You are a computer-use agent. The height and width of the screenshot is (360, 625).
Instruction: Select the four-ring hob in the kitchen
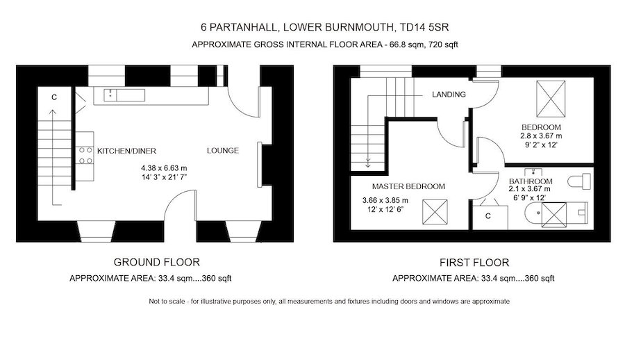(87, 154)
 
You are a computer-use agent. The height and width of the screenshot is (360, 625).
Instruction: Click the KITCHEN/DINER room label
(126, 151)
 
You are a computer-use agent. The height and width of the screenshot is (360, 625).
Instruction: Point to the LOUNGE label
(222, 151)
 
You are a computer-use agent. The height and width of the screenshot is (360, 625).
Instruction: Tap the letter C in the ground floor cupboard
(53, 97)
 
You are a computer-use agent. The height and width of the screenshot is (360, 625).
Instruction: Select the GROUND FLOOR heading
(156, 262)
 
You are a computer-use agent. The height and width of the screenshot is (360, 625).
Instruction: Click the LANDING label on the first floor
(448, 95)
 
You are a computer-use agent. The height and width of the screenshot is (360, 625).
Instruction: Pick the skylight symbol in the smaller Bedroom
(552, 99)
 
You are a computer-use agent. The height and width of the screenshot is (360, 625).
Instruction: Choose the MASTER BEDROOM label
(408, 186)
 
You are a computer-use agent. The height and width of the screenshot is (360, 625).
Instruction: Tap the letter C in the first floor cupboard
(488, 216)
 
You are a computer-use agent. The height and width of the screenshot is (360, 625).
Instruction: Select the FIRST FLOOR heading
(474, 263)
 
